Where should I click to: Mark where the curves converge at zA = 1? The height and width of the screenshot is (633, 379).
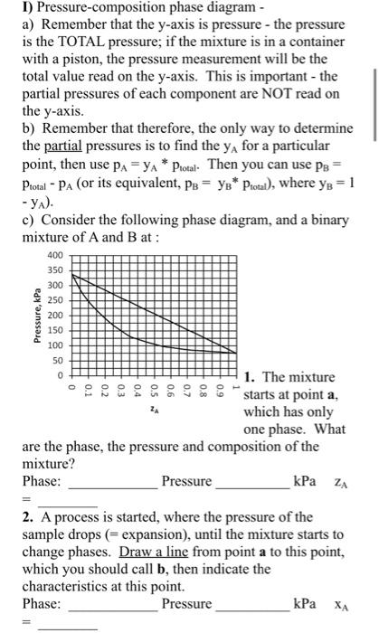coord(237,353)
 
